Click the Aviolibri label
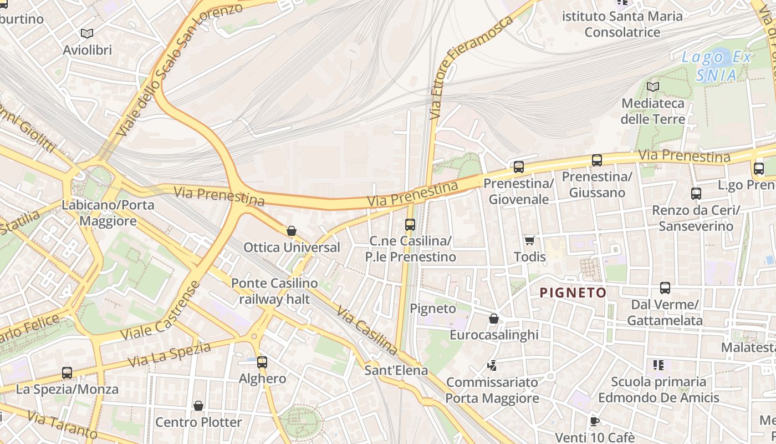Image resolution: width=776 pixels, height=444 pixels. point(87,50)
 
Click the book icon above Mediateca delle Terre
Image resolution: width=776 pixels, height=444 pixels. point(653,87)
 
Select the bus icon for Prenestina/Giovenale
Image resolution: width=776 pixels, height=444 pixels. point(519,167)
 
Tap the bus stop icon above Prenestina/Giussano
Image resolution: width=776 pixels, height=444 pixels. point(597,160)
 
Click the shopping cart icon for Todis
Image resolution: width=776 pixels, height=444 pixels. point(529,240)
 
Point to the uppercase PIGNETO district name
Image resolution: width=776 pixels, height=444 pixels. point(573,292)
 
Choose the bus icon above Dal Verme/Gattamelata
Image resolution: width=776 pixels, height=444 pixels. point(665,288)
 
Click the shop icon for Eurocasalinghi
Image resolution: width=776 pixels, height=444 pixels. point(494,319)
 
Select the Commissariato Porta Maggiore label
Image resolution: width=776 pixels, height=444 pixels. point(492,390)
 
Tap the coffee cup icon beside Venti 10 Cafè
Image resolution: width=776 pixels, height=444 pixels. point(594,421)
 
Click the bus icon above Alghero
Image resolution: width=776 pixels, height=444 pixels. point(262,362)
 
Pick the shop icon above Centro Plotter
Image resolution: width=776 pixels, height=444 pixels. point(198,406)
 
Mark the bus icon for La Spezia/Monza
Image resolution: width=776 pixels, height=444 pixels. point(67,373)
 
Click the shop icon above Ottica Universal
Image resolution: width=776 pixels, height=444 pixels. point(292,231)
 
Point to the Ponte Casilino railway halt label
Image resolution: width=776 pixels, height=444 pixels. point(274,291)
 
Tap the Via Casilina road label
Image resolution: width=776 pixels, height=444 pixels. point(367,331)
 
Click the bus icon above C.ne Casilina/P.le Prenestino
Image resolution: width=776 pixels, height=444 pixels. point(410,225)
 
